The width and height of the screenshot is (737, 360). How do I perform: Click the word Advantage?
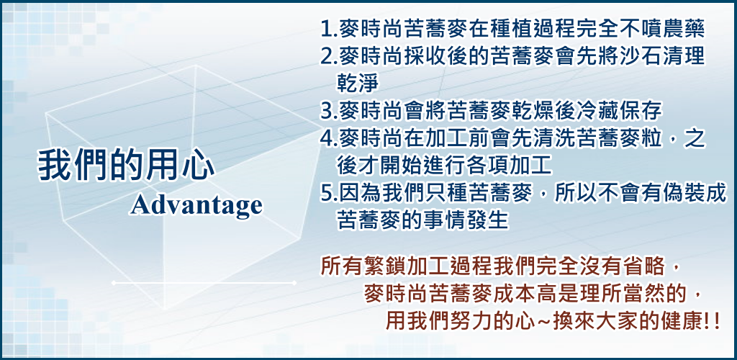(x=196, y=205)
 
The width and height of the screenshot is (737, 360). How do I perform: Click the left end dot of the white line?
(x=113, y=283)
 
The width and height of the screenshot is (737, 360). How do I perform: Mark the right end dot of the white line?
(x=294, y=283)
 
